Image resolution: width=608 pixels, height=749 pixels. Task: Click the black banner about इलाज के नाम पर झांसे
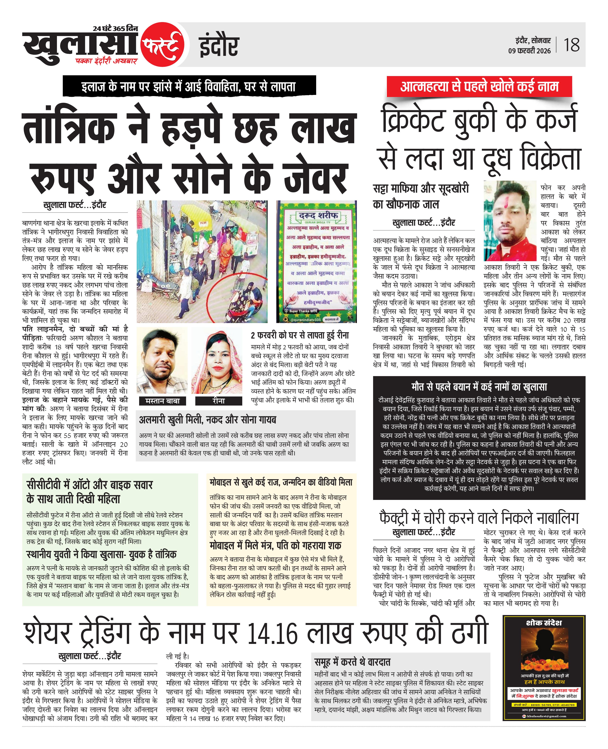(189, 86)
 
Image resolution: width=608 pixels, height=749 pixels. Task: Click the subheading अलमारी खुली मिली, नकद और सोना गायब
(207, 420)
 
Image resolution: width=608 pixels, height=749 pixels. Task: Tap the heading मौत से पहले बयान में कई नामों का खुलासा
(479, 387)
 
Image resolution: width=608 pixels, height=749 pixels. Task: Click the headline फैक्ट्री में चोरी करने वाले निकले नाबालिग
(479, 518)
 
